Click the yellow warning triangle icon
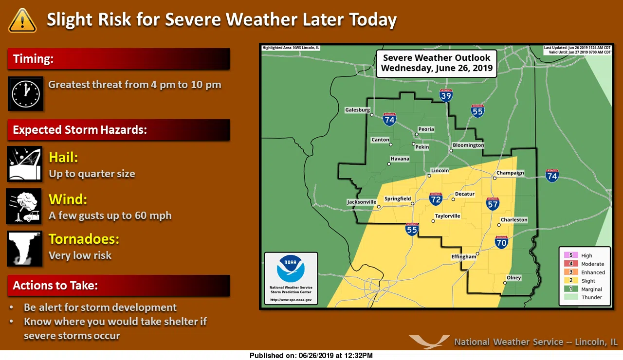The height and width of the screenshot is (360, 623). point(22,20)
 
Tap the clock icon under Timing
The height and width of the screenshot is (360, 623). point(26,93)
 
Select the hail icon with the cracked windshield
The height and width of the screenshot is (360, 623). point(25,164)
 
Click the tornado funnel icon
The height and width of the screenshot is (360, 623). point(24,249)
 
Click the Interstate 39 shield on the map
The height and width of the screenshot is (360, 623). point(446,95)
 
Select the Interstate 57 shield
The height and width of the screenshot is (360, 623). point(493,204)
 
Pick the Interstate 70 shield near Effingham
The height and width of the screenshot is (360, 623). point(501,242)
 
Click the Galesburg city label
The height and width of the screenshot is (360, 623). point(358,110)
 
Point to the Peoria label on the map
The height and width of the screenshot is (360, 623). point(426,129)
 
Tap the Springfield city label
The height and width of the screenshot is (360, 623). point(398,199)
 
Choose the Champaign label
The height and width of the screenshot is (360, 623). point(510,173)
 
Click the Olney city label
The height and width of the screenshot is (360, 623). point(514,278)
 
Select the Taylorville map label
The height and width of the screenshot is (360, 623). point(447,216)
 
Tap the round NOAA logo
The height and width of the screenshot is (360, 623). point(291,269)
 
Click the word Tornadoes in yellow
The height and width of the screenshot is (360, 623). point(84,239)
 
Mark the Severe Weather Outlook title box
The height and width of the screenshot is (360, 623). point(437,64)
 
